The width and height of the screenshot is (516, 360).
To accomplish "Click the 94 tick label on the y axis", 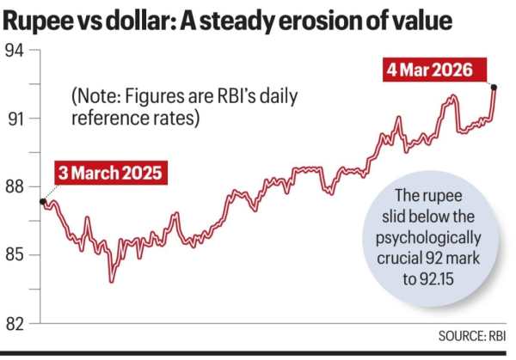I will tap(15, 51).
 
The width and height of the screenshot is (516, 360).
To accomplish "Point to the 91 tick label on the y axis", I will tap(15, 119).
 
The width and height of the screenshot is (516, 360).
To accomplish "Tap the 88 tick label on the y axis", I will tap(15, 187).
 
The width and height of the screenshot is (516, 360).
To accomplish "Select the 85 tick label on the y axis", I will tap(15, 255).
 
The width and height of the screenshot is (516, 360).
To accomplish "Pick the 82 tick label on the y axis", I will tap(15, 324).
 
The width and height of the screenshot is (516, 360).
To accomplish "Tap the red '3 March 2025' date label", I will tap(110, 173).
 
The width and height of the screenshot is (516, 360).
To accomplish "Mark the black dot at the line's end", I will tap(494, 87).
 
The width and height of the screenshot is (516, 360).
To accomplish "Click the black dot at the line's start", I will tap(43, 202).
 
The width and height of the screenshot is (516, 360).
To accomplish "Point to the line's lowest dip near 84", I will tap(111, 280).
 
